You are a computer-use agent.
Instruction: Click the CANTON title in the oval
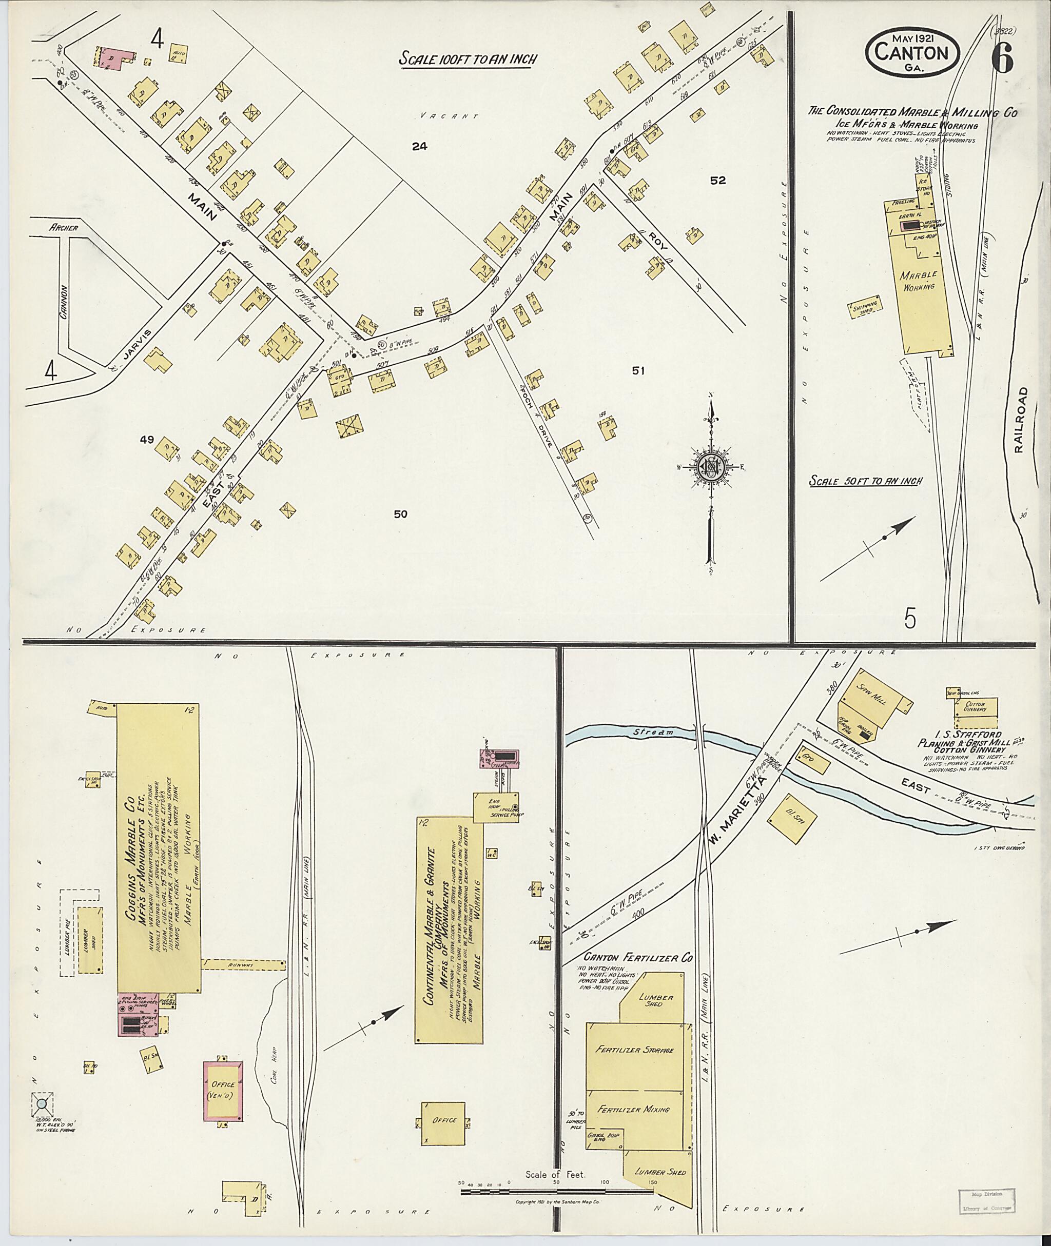pos(911,52)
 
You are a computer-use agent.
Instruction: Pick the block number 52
pos(717,181)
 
